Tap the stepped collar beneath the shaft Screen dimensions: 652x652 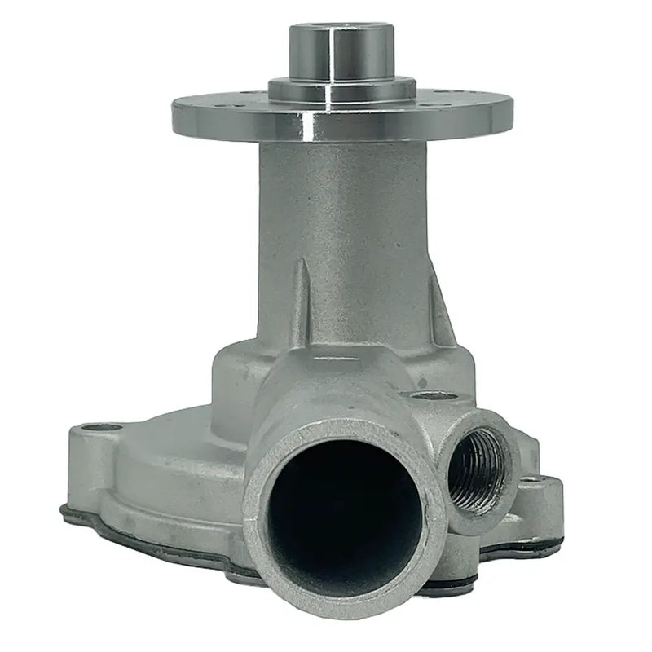[342, 88]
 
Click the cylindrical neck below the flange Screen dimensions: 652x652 [342, 212]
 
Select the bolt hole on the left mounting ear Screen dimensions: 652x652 [99, 426]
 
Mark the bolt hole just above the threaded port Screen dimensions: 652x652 [431, 396]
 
